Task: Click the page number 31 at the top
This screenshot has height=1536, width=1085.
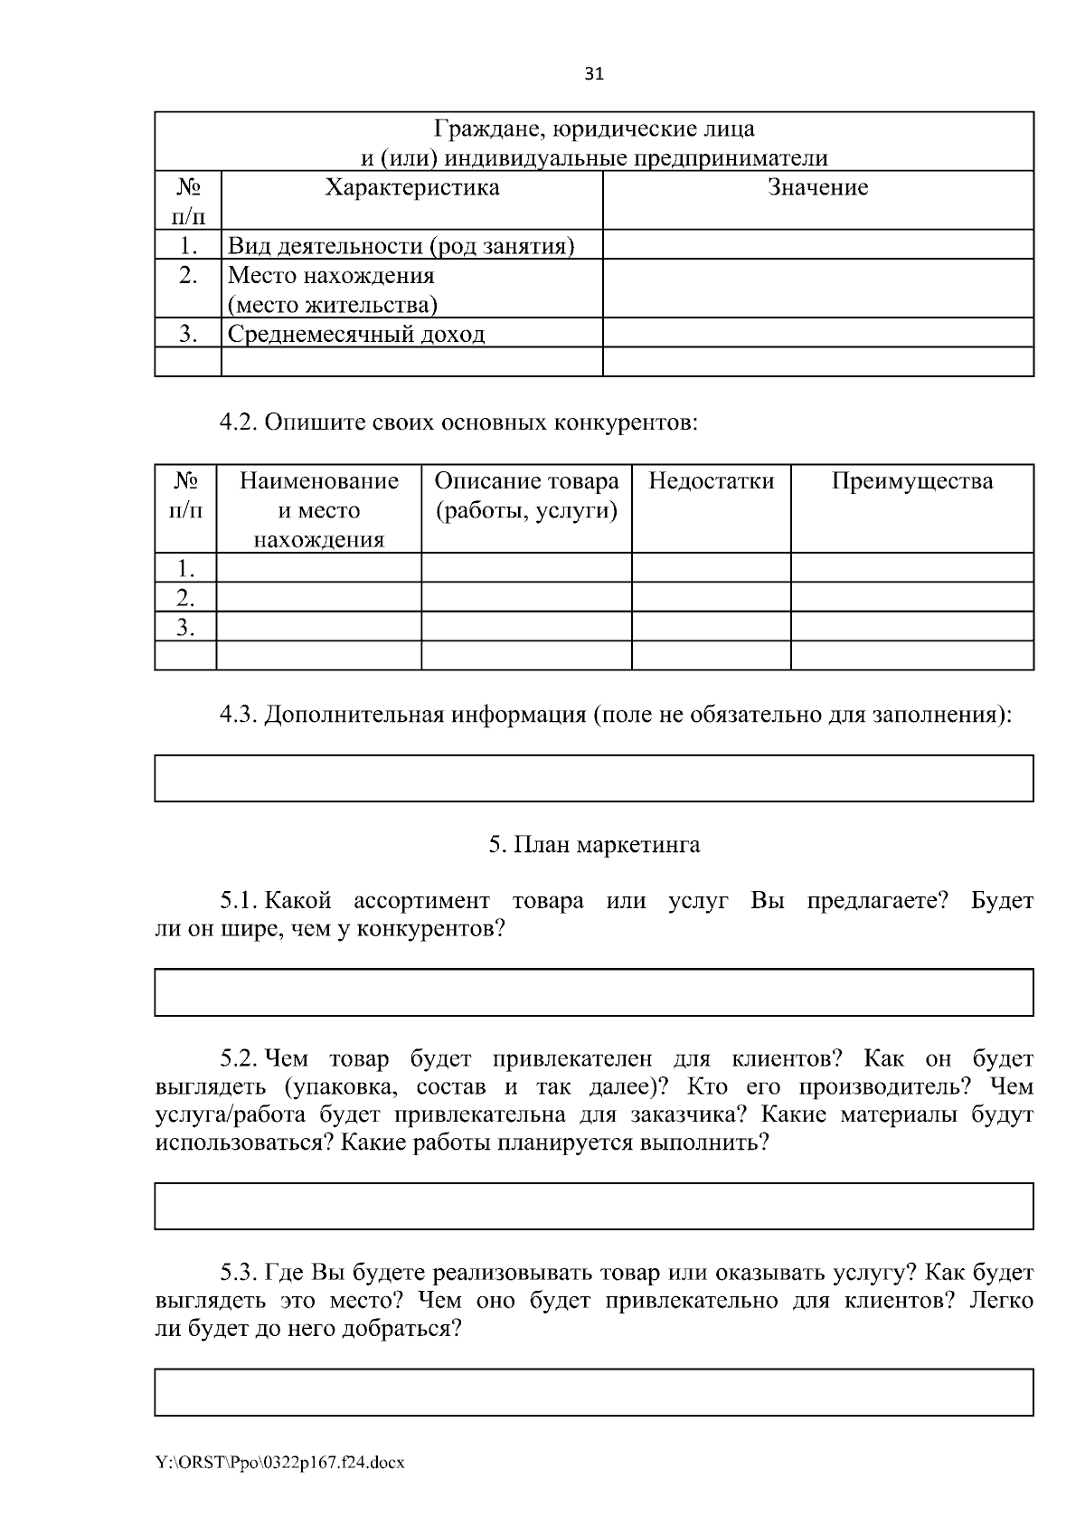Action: click(594, 74)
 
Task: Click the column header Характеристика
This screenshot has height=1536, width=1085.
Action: click(411, 187)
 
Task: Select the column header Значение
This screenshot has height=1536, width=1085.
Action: click(817, 187)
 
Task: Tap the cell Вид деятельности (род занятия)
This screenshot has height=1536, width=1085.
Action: click(401, 246)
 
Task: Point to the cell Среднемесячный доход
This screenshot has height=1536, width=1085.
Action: click(356, 334)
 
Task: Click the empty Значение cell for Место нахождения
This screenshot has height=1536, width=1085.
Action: click(817, 289)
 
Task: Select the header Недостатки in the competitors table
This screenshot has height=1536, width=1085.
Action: click(711, 480)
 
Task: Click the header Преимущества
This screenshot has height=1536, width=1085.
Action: click(911, 480)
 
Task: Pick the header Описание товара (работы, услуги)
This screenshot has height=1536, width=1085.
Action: click(526, 496)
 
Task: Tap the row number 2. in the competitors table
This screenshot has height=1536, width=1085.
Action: click(185, 597)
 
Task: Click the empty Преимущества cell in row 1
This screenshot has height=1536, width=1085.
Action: click(911, 568)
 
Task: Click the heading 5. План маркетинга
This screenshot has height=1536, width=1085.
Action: click(594, 845)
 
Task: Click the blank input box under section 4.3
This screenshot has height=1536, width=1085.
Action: click(594, 779)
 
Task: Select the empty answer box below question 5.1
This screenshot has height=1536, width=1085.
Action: click(594, 992)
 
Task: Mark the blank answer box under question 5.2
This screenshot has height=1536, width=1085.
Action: click(594, 1206)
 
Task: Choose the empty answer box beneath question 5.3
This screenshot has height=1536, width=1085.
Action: click(594, 1392)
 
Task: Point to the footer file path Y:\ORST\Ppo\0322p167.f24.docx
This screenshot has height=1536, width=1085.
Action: click(279, 1463)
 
